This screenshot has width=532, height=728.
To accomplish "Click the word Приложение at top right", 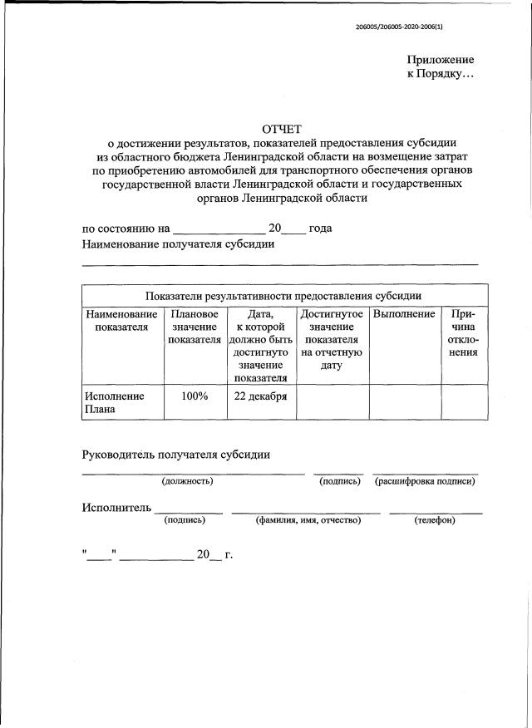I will (441, 60).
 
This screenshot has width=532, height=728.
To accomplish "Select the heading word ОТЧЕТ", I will (283, 128).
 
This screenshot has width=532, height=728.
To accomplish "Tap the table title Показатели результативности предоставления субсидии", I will (283, 295).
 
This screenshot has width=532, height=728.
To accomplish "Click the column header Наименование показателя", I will (121, 321).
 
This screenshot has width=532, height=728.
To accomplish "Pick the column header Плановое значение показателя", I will (195, 327).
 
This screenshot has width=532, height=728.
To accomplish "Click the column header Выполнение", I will (404, 314).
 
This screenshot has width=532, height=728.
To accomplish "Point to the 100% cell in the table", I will (195, 396).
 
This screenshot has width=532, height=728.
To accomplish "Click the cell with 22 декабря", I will (260, 396).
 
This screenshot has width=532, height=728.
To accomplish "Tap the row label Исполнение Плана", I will (113, 402).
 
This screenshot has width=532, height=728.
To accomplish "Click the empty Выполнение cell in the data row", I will (404, 403).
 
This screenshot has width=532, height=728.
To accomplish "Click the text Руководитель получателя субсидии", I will (175, 455).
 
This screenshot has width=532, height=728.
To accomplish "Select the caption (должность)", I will (187, 481).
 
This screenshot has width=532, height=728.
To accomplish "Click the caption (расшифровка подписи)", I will (426, 481).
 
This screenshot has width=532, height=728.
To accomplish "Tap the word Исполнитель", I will (116, 508).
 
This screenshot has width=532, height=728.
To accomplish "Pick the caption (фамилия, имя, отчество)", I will (308, 520).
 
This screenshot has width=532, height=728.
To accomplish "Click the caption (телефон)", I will (435, 520).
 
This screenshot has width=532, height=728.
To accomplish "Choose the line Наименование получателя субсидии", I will (179, 244).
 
